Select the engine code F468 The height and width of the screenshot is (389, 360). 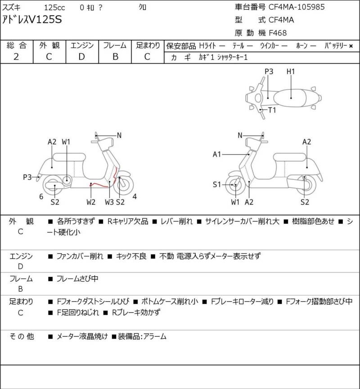[x=278, y=32]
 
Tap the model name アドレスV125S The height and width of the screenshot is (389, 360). [x=33, y=19]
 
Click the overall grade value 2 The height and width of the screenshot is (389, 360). [x=16, y=57]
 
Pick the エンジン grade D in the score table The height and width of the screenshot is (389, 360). [x=82, y=57]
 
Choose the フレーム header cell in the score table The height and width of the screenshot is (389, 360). [x=115, y=45]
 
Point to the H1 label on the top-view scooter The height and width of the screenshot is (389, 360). [x=291, y=72]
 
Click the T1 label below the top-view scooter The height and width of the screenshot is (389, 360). [x=272, y=110]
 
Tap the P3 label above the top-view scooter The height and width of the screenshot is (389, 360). [x=269, y=72]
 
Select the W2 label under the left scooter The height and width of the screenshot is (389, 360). [x=91, y=202]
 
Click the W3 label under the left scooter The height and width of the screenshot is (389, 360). [x=109, y=202]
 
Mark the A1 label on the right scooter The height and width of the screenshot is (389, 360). [x=217, y=155]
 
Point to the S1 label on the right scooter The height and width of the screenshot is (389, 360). [x=217, y=184]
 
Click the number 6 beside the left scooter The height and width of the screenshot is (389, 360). [x=41, y=197]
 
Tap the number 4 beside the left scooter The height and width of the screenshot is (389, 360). [x=134, y=197]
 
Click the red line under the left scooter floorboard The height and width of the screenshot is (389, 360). [x=99, y=184]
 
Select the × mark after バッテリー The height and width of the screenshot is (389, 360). [x=351, y=46]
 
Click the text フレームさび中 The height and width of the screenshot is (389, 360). [x=77, y=279]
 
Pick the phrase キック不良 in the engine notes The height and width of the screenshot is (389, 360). [x=130, y=256]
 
